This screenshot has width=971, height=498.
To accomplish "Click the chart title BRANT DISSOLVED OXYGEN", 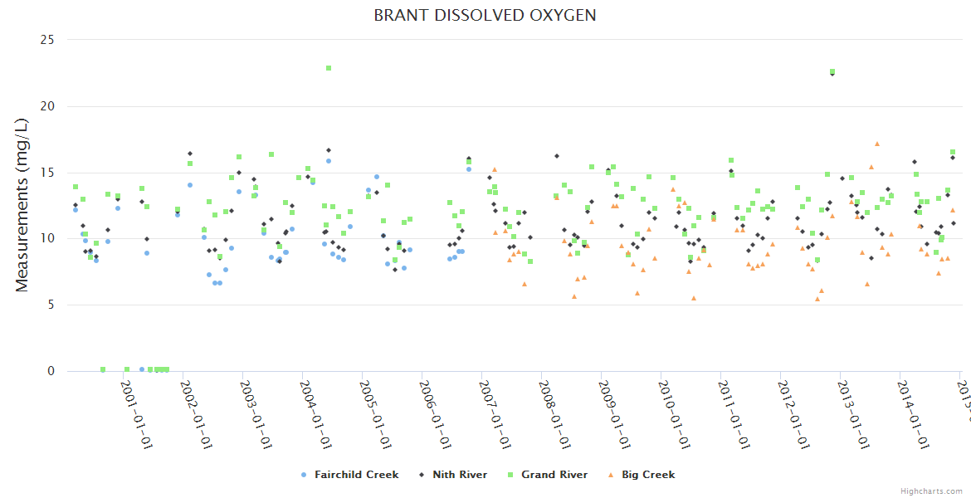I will click(485, 16).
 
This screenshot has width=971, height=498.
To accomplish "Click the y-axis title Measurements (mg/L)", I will click(22, 205).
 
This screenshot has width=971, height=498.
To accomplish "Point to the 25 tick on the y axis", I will click(48, 40).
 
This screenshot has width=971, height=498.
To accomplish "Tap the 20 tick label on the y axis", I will click(48, 106).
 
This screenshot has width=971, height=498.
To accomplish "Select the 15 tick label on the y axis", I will click(48, 173).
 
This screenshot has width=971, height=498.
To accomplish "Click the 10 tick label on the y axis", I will click(48, 239).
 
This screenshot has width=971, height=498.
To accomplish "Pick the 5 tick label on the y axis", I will click(51, 305).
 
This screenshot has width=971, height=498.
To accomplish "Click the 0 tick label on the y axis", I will click(51, 372).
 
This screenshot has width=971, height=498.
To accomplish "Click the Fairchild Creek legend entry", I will click(356, 475).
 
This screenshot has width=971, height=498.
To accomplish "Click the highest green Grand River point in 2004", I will click(329, 68).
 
